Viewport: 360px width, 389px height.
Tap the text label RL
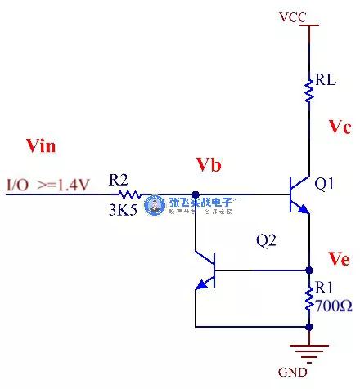click(x=324, y=82)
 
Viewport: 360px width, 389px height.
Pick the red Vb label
click(x=209, y=166)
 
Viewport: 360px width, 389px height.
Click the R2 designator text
click(x=119, y=179)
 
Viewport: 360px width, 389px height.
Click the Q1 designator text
click(x=325, y=184)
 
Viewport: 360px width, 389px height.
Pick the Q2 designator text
click(x=267, y=241)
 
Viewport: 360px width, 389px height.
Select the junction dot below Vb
click(x=196, y=194)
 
